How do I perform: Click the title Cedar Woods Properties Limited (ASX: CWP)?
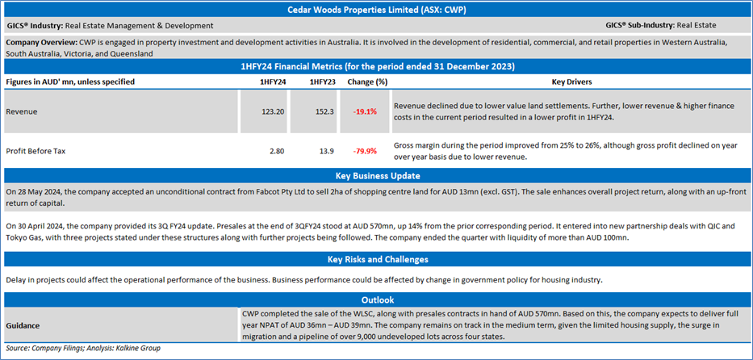point(376,10)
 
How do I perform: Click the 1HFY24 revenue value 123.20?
point(271,111)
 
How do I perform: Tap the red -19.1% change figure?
point(365,111)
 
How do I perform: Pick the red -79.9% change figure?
point(365,151)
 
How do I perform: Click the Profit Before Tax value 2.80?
point(276,151)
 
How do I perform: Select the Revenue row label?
point(22,111)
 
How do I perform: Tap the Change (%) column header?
point(367,82)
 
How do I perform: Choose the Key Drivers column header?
point(571,82)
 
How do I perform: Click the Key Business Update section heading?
point(376,176)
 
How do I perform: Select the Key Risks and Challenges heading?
point(376,260)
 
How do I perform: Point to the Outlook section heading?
point(376,299)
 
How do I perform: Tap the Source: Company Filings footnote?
point(83,349)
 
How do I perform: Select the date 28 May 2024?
point(39,192)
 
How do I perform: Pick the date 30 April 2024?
point(41,227)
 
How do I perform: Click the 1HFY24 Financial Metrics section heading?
point(376,66)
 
